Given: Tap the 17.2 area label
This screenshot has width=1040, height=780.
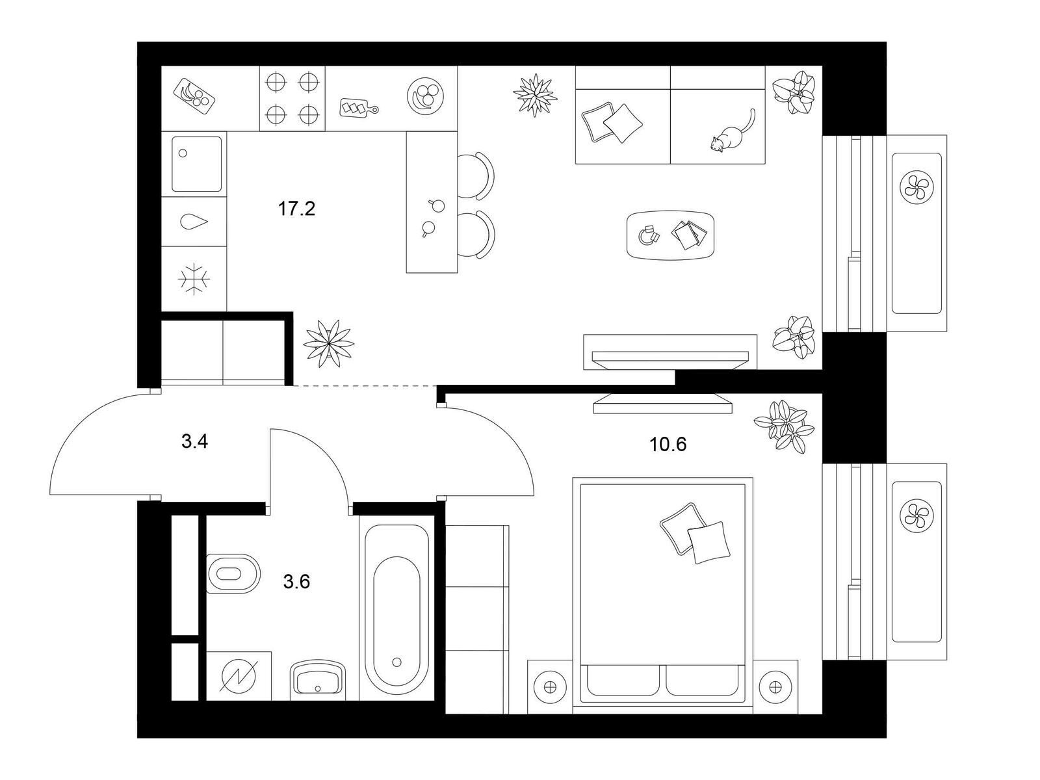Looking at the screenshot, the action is [296, 209].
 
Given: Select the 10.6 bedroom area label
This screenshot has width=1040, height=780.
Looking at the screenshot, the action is [668, 444].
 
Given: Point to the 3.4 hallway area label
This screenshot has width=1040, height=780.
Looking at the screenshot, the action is [195, 441].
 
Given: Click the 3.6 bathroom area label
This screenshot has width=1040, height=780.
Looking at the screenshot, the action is [296, 582].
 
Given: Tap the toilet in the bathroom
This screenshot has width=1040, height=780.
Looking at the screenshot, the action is [233, 574].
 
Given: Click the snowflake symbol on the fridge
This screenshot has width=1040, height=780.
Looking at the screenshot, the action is [194, 279].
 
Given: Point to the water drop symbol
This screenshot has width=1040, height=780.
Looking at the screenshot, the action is [194, 221].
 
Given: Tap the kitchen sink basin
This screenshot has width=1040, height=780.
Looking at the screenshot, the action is [197, 164].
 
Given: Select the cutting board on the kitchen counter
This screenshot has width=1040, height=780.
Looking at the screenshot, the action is [359, 107].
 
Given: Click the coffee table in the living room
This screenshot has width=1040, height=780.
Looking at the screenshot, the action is [670, 235].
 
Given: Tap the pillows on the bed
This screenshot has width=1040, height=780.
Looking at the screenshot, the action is [695, 534].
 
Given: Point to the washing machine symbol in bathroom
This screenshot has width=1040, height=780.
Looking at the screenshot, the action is [239, 676].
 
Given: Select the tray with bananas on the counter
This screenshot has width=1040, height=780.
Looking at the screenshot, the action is [194, 96].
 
